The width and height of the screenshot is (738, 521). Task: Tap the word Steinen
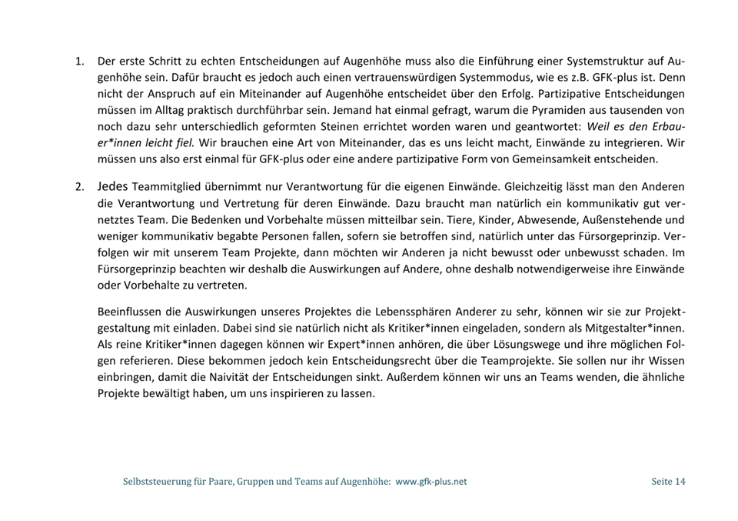(x=307, y=126)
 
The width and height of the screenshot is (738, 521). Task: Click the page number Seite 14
(x=667, y=482)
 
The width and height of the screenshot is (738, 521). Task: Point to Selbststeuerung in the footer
(x=157, y=482)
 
